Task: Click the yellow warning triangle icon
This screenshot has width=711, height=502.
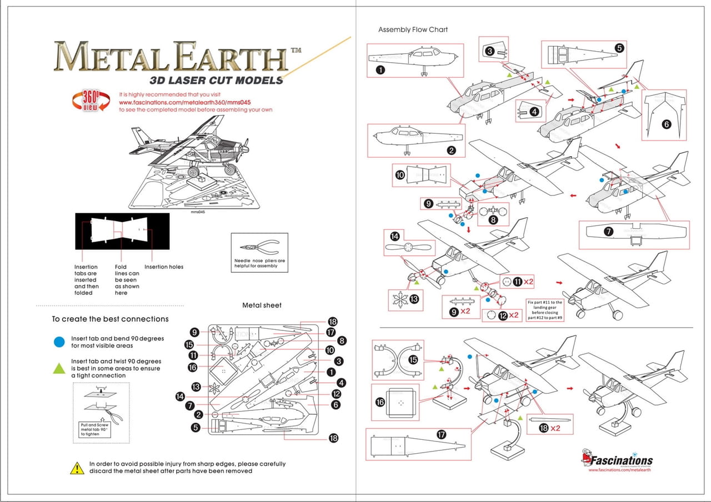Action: click(77, 468)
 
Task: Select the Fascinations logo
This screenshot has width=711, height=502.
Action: click(617, 460)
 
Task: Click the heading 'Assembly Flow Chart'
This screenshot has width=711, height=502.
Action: click(413, 29)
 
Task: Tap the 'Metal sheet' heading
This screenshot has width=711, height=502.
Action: click(262, 305)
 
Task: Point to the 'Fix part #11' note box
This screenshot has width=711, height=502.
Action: click(545, 310)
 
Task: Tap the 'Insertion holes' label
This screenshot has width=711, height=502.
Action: click(164, 267)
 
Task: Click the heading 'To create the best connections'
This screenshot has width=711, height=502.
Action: click(110, 319)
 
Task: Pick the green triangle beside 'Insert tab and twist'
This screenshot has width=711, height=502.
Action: click(59, 368)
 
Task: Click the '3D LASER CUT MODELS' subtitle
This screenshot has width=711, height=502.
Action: click(216, 81)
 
